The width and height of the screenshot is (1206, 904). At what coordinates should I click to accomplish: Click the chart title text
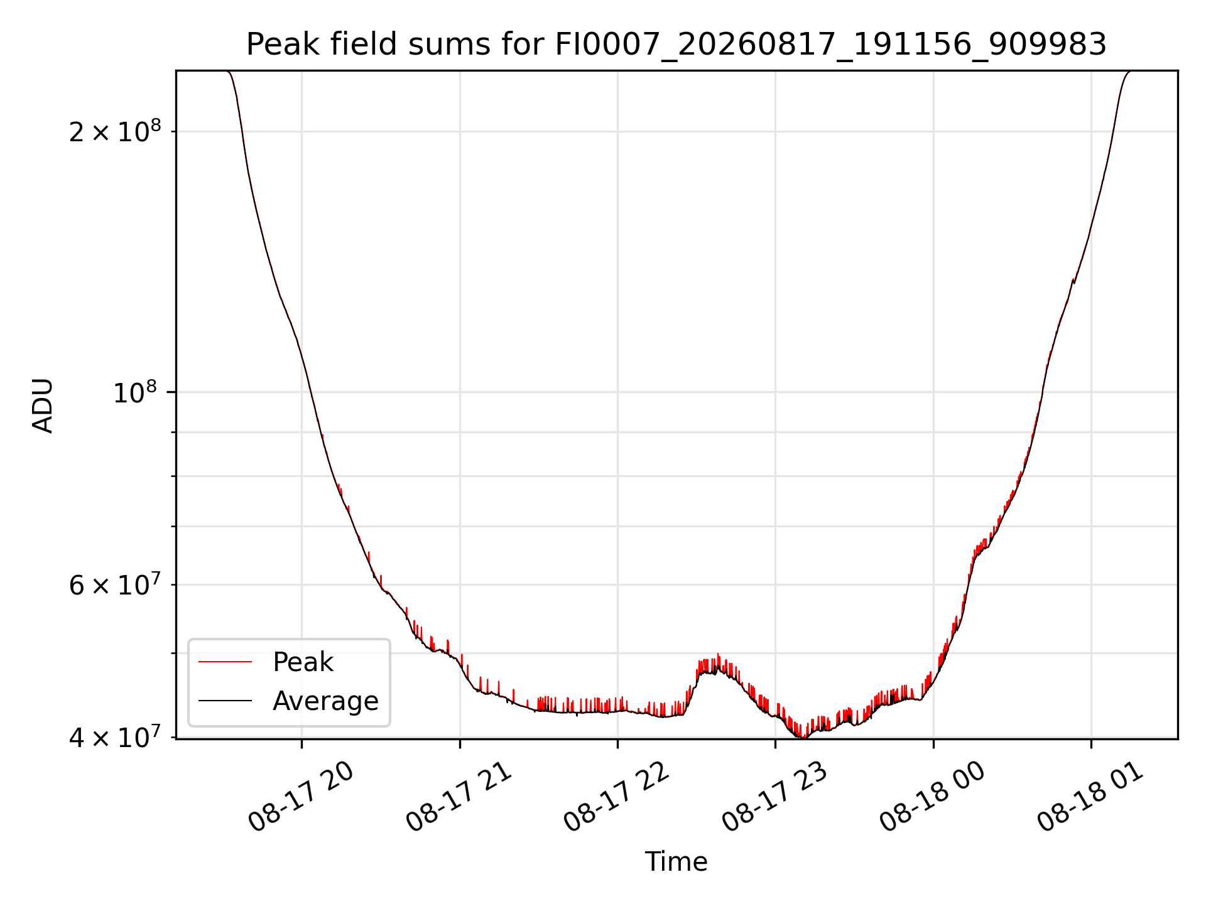(x=676, y=45)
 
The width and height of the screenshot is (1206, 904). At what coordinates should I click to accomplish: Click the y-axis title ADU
(x=43, y=406)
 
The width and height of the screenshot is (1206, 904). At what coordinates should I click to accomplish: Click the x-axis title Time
(x=676, y=862)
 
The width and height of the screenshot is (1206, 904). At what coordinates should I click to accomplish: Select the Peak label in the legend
(x=303, y=662)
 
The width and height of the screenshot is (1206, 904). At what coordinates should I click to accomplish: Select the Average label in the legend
(x=325, y=701)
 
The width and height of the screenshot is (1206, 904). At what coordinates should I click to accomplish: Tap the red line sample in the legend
(x=225, y=662)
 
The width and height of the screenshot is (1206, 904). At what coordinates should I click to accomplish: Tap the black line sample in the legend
(x=225, y=701)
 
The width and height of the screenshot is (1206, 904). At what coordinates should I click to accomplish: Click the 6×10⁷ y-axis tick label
(x=115, y=584)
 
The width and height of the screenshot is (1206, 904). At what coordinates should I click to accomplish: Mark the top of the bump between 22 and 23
(x=718, y=654)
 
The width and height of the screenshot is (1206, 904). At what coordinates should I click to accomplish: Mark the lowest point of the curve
(x=803, y=737)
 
